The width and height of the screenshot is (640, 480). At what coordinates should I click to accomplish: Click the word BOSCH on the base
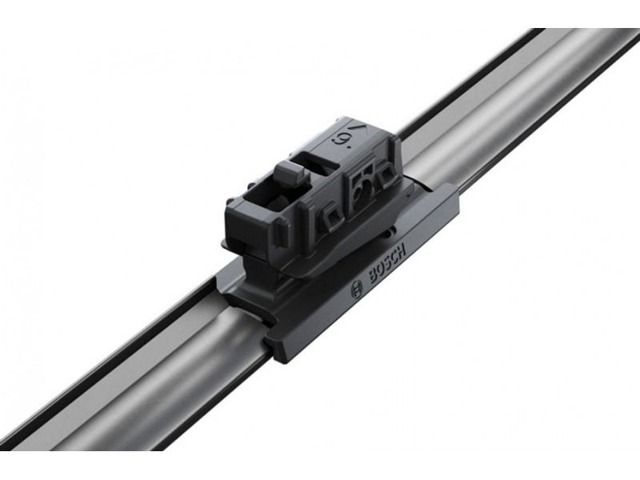(x=388, y=266)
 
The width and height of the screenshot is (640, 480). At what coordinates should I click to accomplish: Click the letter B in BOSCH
(x=374, y=278)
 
